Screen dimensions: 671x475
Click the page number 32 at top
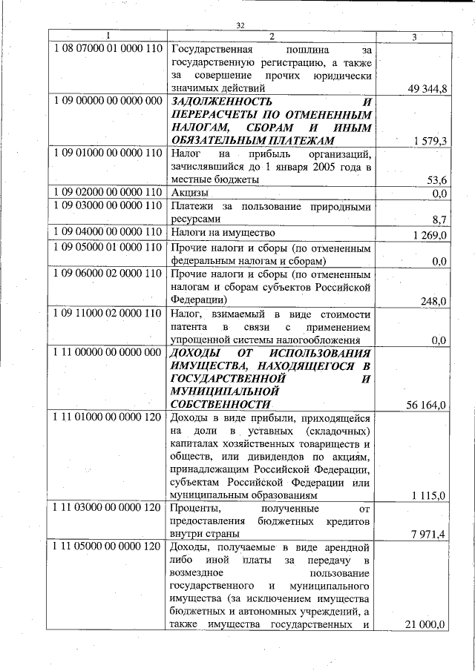click(x=240, y=26)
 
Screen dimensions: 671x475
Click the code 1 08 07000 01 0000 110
click(x=108, y=49)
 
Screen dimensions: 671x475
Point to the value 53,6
click(x=437, y=180)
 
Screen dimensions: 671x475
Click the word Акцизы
click(x=189, y=194)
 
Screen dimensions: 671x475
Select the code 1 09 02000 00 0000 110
click(x=108, y=193)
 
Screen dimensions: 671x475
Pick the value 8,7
click(x=439, y=219)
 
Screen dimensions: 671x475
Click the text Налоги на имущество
click(x=220, y=233)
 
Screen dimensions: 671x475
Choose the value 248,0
click(x=434, y=300)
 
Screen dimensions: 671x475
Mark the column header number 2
click(x=272, y=36)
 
